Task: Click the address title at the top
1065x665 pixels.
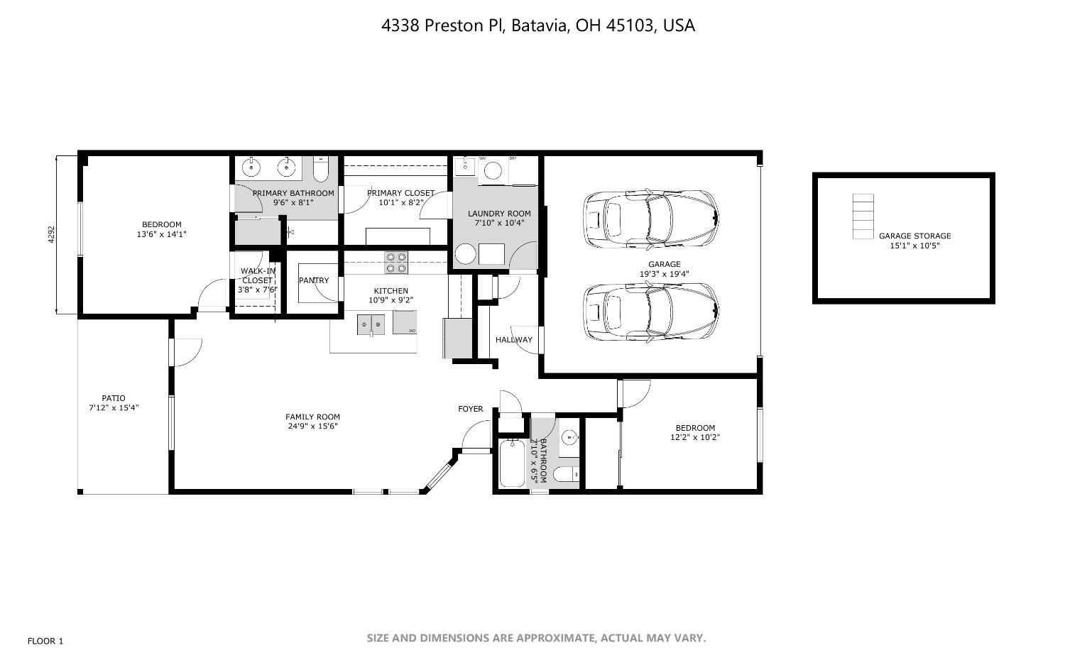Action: (537, 26)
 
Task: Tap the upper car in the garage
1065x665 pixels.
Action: (650, 219)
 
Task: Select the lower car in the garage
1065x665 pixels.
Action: (650, 312)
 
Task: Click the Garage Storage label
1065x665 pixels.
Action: (914, 236)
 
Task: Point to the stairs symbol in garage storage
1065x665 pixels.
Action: (863, 216)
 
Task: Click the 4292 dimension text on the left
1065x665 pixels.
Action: (51, 235)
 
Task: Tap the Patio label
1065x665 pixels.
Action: (114, 398)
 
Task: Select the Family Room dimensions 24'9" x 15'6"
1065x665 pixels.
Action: (312, 427)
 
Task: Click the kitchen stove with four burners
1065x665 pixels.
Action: (396, 263)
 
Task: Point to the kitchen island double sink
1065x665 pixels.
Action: (371, 326)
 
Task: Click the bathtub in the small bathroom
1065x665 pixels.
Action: (511, 463)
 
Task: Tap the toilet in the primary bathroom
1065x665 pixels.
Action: (321, 170)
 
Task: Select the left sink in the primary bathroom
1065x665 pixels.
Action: (251, 168)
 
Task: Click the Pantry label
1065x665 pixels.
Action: (314, 280)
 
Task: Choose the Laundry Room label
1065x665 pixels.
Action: (499, 214)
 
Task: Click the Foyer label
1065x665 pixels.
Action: (470, 409)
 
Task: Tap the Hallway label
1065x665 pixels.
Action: (513, 340)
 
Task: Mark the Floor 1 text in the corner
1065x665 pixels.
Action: (45, 641)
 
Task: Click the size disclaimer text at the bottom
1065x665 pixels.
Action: (536, 638)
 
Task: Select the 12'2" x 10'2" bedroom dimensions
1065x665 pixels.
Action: (695, 437)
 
